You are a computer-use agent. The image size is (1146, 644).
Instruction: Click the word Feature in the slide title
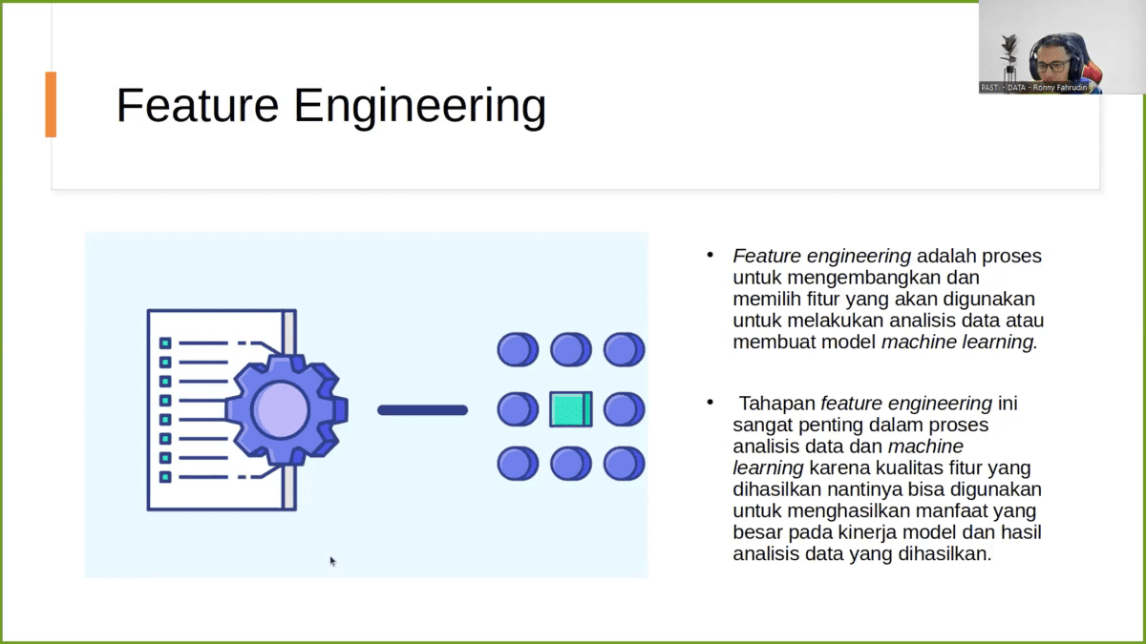pos(197,105)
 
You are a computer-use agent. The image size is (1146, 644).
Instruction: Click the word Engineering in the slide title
pos(420,107)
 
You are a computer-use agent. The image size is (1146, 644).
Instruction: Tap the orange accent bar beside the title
pos(51,104)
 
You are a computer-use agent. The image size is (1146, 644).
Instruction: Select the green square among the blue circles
pos(571,409)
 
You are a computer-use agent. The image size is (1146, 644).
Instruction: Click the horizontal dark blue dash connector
pos(422,410)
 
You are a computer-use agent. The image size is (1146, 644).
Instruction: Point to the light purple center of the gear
pos(280,409)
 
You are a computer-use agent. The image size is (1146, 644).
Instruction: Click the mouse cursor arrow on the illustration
pos(331,561)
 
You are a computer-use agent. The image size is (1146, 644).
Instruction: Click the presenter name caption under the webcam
pos(1040,87)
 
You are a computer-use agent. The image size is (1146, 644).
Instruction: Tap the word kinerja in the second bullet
pos(887,531)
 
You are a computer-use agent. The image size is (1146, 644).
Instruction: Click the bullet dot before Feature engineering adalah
pos(710,256)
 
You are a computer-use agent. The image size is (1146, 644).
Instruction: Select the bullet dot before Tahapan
pos(710,403)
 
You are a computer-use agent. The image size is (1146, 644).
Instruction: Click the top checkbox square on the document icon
pos(165,343)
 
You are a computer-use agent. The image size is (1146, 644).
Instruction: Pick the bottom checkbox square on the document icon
pos(165,476)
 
